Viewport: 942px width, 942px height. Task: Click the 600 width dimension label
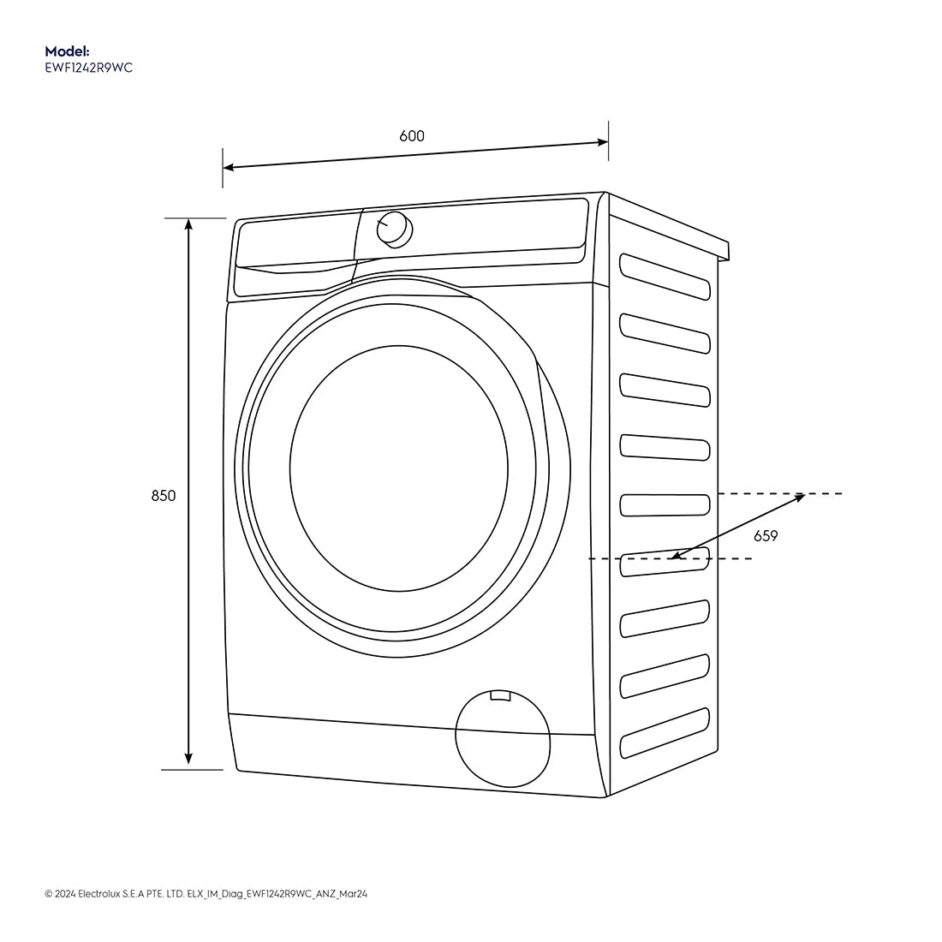click(x=411, y=136)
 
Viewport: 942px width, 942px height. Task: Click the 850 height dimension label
click(x=164, y=496)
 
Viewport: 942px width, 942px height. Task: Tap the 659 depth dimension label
click(x=766, y=536)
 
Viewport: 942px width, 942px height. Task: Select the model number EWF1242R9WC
click(x=88, y=69)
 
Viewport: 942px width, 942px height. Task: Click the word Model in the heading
click(x=67, y=51)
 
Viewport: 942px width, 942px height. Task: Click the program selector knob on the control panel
click(x=394, y=228)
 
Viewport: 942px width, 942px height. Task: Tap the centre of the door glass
click(x=399, y=468)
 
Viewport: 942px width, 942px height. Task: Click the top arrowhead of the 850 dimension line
click(x=188, y=224)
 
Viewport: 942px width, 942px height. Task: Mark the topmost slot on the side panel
click(x=665, y=276)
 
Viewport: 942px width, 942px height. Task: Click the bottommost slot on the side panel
click(x=665, y=733)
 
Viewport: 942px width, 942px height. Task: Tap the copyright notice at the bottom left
click(x=206, y=894)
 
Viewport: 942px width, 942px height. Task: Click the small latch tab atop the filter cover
click(x=499, y=695)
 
